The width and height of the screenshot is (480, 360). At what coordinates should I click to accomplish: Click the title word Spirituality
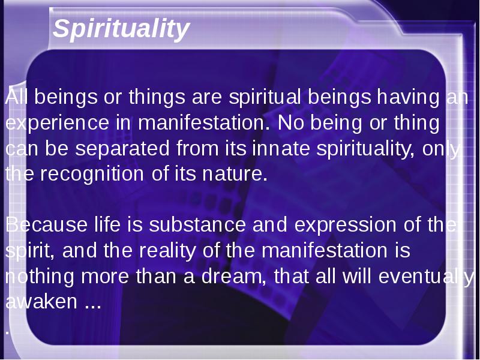pyautogui.click(x=121, y=29)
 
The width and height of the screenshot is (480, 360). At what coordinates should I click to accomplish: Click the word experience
pyautogui.click(x=57, y=123)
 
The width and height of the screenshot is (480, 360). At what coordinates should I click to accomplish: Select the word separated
pyautogui.click(x=122, y=149)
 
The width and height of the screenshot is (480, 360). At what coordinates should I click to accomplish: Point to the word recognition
pyautogui.click(x=92, y=174)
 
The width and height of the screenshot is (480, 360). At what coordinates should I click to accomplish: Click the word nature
pyautogui.click(x=235, y=175)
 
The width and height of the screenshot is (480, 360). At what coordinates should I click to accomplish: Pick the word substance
pyautogui.click(x=197, y=224)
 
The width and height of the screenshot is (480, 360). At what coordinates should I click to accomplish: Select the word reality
pyautogui.click(x=167, y=251)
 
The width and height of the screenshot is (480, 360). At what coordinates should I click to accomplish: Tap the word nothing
pyautogui.click(x=40, y=277)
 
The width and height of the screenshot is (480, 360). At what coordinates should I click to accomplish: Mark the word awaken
pyautogui.click(x=41, y=302)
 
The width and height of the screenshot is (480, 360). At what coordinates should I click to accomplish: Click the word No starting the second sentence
pyautogui.click(x=291, y=123)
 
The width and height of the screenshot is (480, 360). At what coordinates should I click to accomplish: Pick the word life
pyautogui.click(x=107, y=224)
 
